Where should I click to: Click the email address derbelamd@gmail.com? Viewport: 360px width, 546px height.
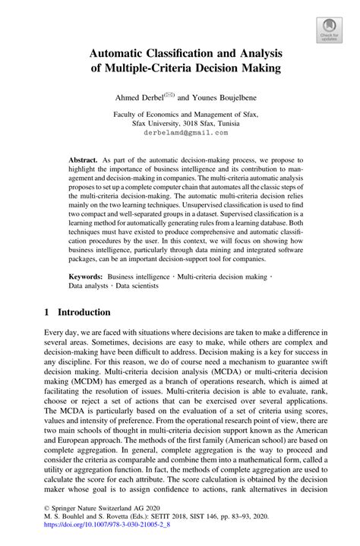pyautogui.click(x=180, y=132)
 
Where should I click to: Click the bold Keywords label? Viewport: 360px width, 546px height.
pyautogui.click(x=86, y=279)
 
